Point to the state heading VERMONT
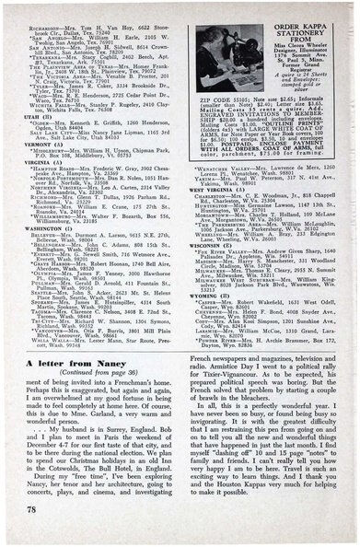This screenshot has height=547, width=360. click(x=38, y=145)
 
